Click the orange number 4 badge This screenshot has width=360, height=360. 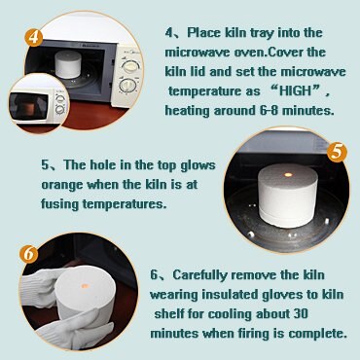(34, 38)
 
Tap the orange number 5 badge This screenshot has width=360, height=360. (337, 152)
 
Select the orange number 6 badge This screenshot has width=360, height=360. (28, 254)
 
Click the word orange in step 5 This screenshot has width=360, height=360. (62, 185)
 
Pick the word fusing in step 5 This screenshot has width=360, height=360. (59, 204)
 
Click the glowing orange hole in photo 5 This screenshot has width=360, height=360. (288, 175)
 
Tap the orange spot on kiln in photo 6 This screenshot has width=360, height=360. (85, 286)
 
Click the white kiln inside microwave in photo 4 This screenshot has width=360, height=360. (68, 64)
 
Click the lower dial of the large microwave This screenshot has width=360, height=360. (127, 86)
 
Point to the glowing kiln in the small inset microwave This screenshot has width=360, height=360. (29, 110)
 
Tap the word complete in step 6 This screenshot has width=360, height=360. (317, 334)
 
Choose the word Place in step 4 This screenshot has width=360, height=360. (204, 33)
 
